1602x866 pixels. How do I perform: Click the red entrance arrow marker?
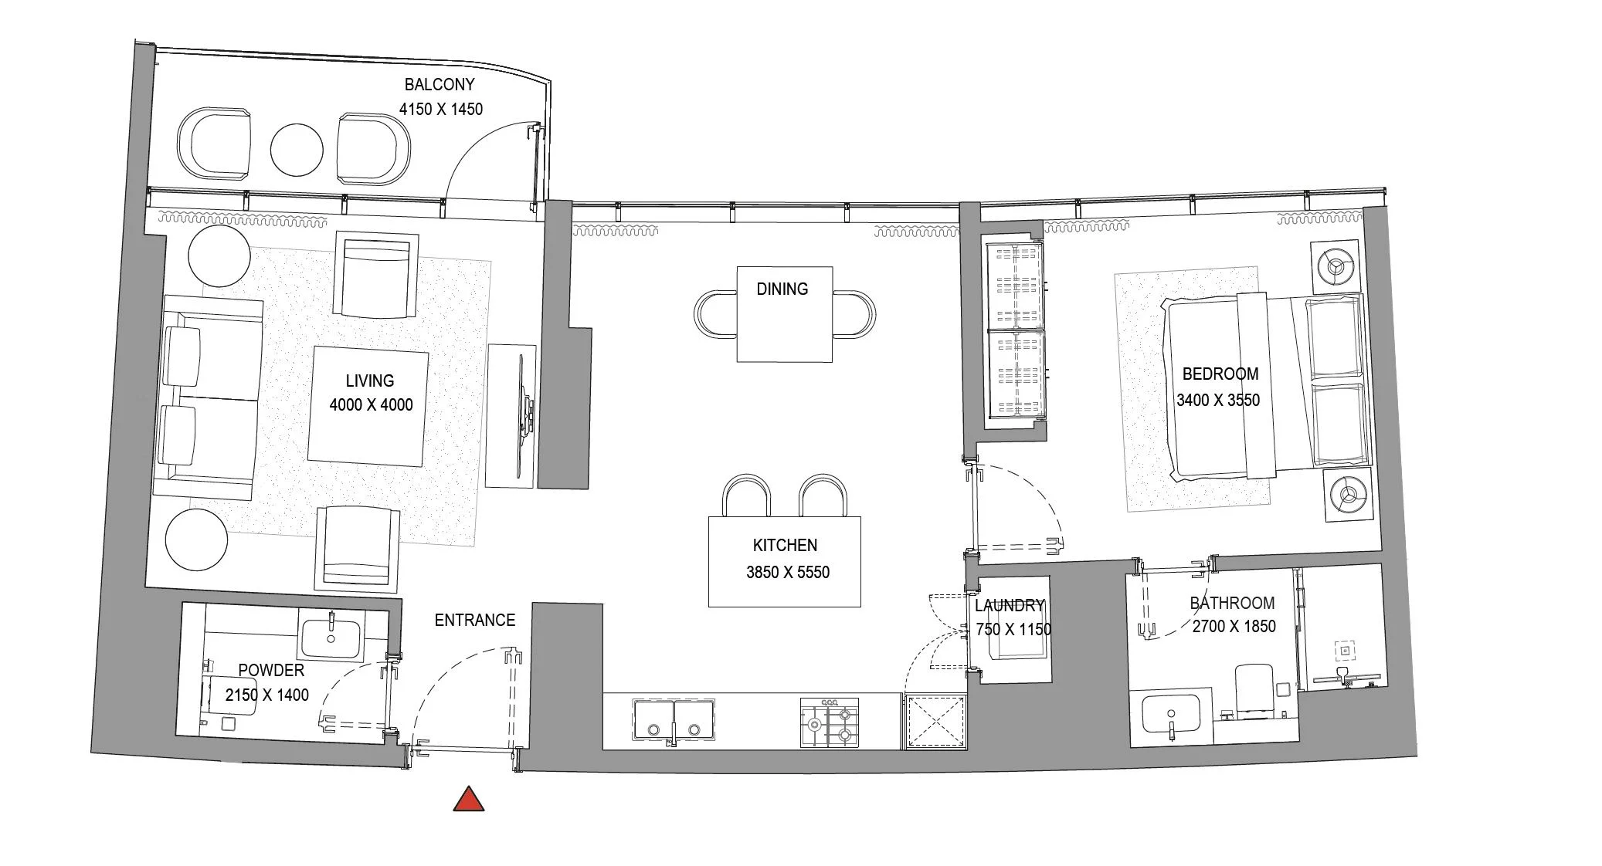pyautogui.click(x=469, y=800)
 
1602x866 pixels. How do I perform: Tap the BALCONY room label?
pyautogui.click(x=440, y=85)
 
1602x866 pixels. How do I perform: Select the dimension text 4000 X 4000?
pyautogui.click(x=371, y=404)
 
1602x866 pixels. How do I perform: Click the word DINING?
pyautogui.click(x=782, y=289)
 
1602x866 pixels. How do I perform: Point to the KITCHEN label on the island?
pyautogui.click(x=785, y=546)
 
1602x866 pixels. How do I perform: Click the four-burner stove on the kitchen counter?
pyautogui.click(x=830, y=723)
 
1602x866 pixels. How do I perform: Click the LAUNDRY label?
pyautogui.click(x=1010, y=606)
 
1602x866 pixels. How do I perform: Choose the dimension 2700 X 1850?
pyautogui.click(x=1234, y=627)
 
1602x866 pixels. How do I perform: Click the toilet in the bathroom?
pyautogui.click(x=1254, y=691)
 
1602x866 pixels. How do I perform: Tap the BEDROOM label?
pyautogui.click(x=1220, y=374)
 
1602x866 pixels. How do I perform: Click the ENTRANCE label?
pyautogui.click(x=474, y=620)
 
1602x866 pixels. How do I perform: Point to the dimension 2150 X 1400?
pyautogui.click(x=266, y=695)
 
